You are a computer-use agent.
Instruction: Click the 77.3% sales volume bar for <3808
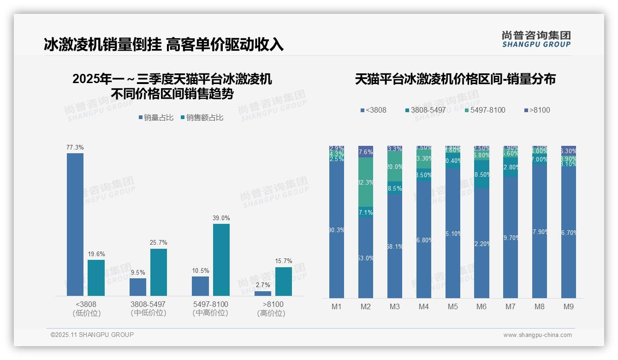click(75, 224)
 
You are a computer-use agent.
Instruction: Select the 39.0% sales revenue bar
click(221, 260)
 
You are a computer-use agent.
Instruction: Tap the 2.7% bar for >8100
click(263, 294)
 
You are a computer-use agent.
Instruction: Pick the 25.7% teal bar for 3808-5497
click(159, 272)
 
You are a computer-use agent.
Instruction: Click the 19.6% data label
click(96, 254)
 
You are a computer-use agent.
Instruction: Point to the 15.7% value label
click(284, 261)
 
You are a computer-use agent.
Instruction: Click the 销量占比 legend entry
click(156, 118)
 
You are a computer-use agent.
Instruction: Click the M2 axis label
click(366, 306)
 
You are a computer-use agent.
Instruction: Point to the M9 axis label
click(569, 306)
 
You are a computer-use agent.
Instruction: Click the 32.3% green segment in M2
click(366, 182)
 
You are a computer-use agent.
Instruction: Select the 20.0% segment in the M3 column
click(395, 167)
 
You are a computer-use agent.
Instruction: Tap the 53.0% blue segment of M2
click(366, 258)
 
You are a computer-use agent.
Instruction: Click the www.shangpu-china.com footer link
click(537, 335)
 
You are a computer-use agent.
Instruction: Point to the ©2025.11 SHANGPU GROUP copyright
click(92, 335)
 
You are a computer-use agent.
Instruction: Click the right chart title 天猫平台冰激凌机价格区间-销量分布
click(455, 79)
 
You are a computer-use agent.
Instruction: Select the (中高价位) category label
click(210, 313)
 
